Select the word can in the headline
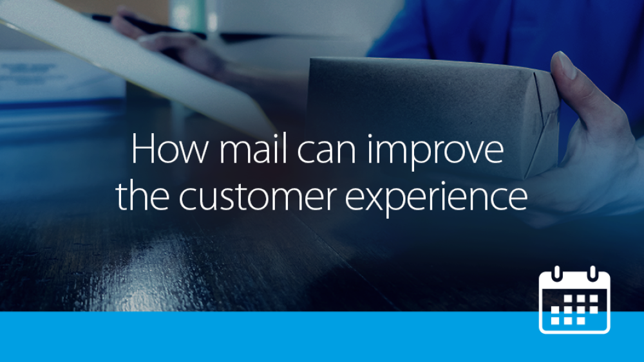click(x=327, y=152)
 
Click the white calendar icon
click(x=574, y=300)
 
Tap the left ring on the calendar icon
click(x=557, y=273)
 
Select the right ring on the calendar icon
click(x=592, y=273)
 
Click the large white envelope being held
click(x=135, y=62)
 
